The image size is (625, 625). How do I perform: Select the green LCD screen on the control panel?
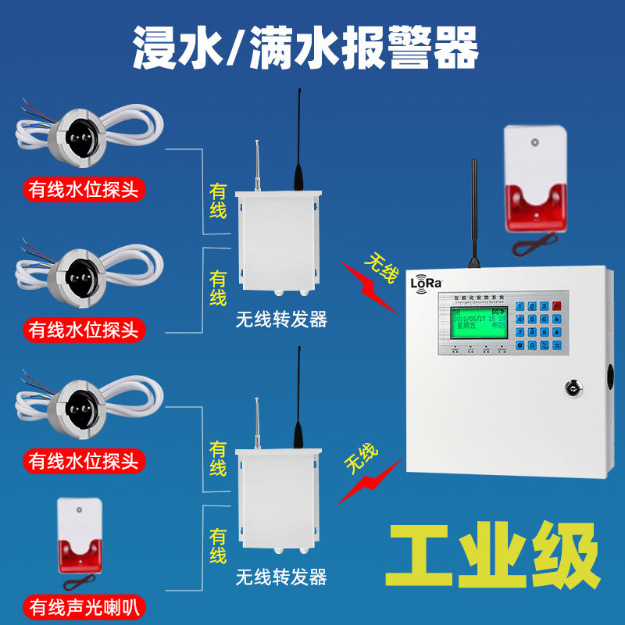pyautogui.click(x=474, y=327)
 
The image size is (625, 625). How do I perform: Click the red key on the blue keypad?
pyautogui.click(x=556, y=305)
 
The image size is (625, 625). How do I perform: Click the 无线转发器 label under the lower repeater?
pyautogui.click(x=281, y=577)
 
